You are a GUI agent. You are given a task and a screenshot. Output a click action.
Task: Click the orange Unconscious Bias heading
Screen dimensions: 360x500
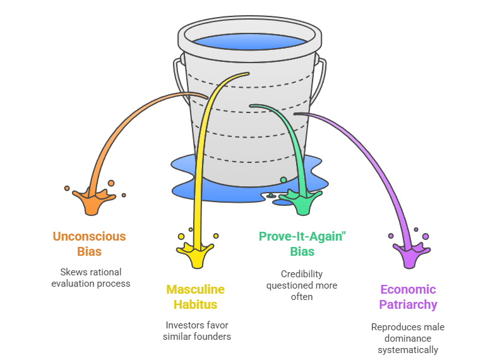click(x=89, y=244)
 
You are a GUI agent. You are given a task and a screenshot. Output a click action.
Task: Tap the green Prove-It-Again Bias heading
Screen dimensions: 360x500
click(x=302, y=244)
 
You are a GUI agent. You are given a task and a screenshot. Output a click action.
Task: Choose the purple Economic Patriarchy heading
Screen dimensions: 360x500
click(x=408, y=297)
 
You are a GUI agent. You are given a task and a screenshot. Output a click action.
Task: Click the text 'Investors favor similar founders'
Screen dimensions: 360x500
click(x=197, y=331)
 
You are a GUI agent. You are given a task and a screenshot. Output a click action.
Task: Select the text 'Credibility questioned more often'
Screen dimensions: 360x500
click(x=302, y=285)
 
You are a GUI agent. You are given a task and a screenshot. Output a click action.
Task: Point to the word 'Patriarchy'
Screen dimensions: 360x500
click(x=408, y=304)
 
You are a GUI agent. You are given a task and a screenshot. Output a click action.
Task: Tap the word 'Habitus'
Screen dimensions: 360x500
click(x=196, y=304)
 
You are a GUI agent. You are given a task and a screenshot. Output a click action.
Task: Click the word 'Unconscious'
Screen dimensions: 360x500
click(x=89, y=237)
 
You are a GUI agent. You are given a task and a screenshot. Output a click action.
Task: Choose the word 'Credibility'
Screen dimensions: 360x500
click(x=302, y=274)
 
